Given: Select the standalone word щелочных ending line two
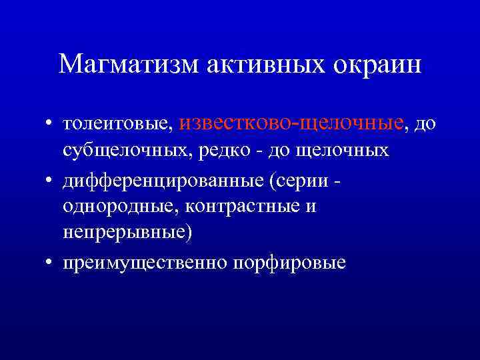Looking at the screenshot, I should pos(347,151).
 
